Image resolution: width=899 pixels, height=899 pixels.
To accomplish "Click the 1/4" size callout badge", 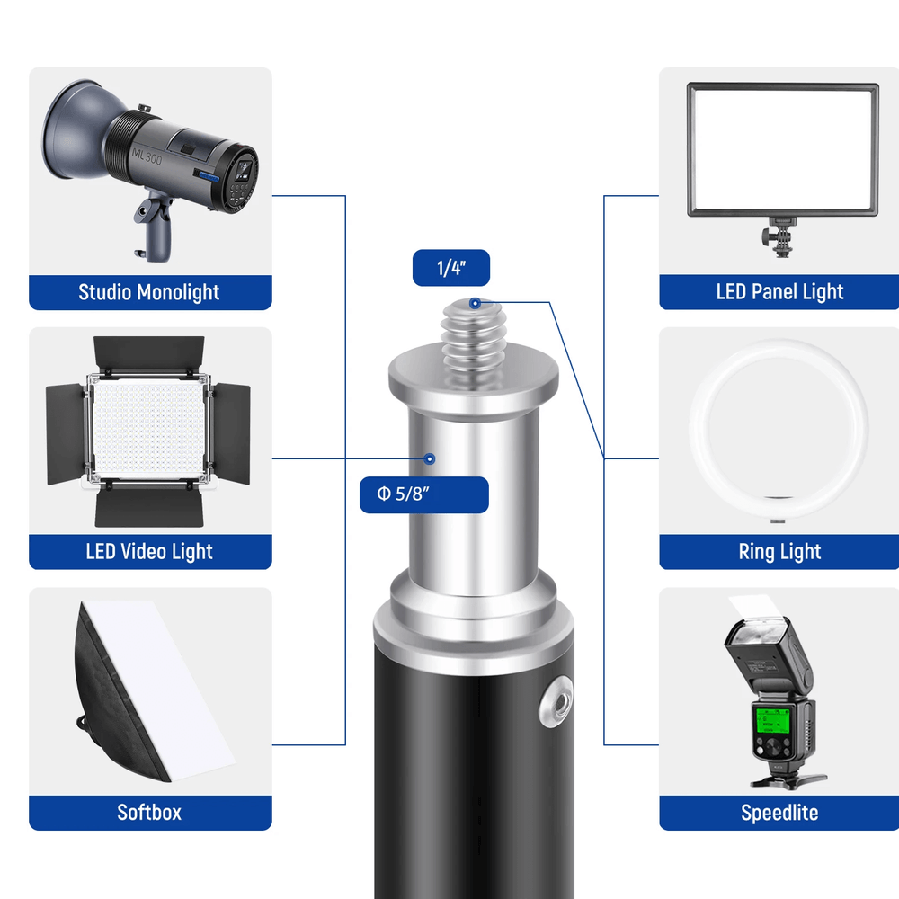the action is (x=451, y=268).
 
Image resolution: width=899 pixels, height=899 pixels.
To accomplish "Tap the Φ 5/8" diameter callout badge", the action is (x=424, y=494).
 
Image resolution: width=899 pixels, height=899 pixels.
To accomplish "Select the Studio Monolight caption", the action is (x=150, y=292).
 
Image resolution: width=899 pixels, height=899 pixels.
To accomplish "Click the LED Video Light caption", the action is (x=150, y=552).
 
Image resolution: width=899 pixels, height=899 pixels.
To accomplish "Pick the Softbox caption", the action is (x=150, y=813).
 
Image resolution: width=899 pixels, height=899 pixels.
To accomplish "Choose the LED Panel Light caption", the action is (x=779, y=292).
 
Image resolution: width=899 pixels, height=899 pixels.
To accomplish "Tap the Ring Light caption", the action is (x=779, y=552).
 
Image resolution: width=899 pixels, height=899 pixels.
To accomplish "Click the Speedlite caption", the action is (x=779, y=813).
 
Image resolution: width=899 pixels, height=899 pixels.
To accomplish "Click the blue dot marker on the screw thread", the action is (x=475, y=303).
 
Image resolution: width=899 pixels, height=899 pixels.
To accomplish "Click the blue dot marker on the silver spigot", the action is (x=430, y=458).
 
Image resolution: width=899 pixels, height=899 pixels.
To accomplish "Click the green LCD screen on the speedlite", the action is (x=771, y=720).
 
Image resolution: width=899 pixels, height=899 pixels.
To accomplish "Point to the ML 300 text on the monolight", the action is (x=147, y=156).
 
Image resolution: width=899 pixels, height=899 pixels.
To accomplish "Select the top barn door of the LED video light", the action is (x=149, y=353).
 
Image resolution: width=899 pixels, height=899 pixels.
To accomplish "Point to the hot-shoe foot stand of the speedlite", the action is (x=788, y=779).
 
